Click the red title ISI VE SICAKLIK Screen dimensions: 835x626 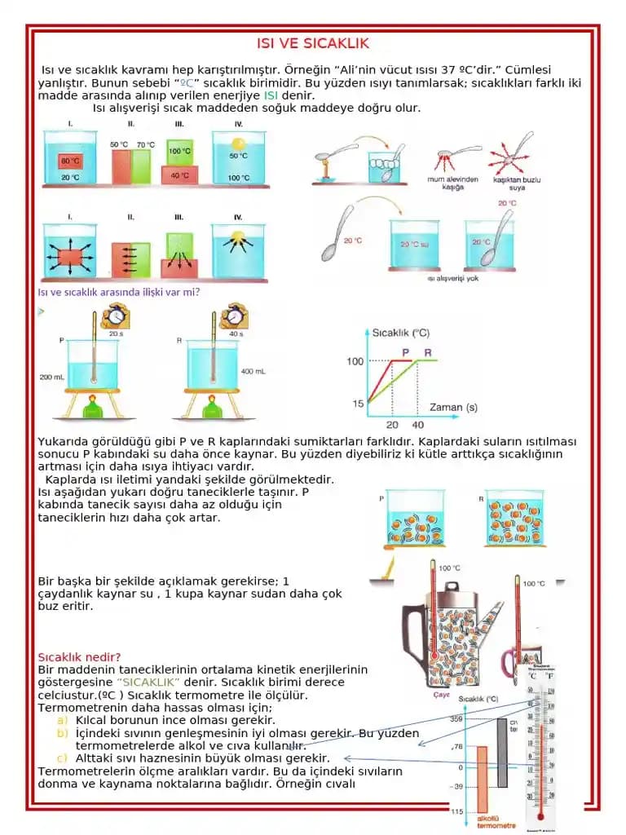coord(313,43)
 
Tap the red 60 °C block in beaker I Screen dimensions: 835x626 coord(70,161)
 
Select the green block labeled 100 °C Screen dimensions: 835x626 coord(179,152)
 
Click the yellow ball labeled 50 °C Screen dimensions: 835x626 coord(238,147)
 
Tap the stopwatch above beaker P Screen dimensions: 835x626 coord(116,314)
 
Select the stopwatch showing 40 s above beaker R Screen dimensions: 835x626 coord(235,314)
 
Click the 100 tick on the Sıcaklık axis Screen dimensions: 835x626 coord(355,361)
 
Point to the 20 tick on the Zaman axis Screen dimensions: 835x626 coord(392,424)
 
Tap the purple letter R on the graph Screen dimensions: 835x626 coord(425,352)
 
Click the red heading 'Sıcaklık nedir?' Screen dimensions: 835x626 coord(80,657)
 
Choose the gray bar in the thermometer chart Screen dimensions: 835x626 coord(502,752)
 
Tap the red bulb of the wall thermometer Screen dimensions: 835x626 coord(539,813)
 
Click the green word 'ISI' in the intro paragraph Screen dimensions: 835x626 coord(271,95)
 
